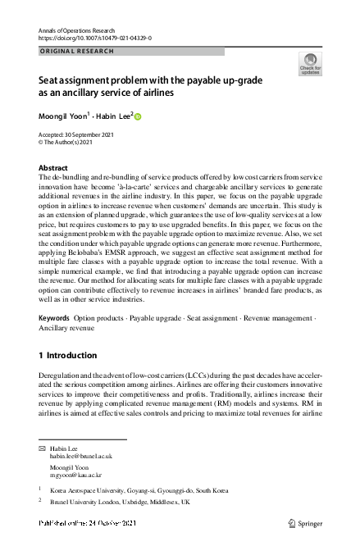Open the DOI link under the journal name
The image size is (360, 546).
pos(94,38)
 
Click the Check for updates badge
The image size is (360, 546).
pos(310,65)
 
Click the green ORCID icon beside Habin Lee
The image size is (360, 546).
pos(138,116)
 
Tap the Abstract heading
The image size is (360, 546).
pos(54,167)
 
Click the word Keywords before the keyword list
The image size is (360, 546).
pos(54,317)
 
